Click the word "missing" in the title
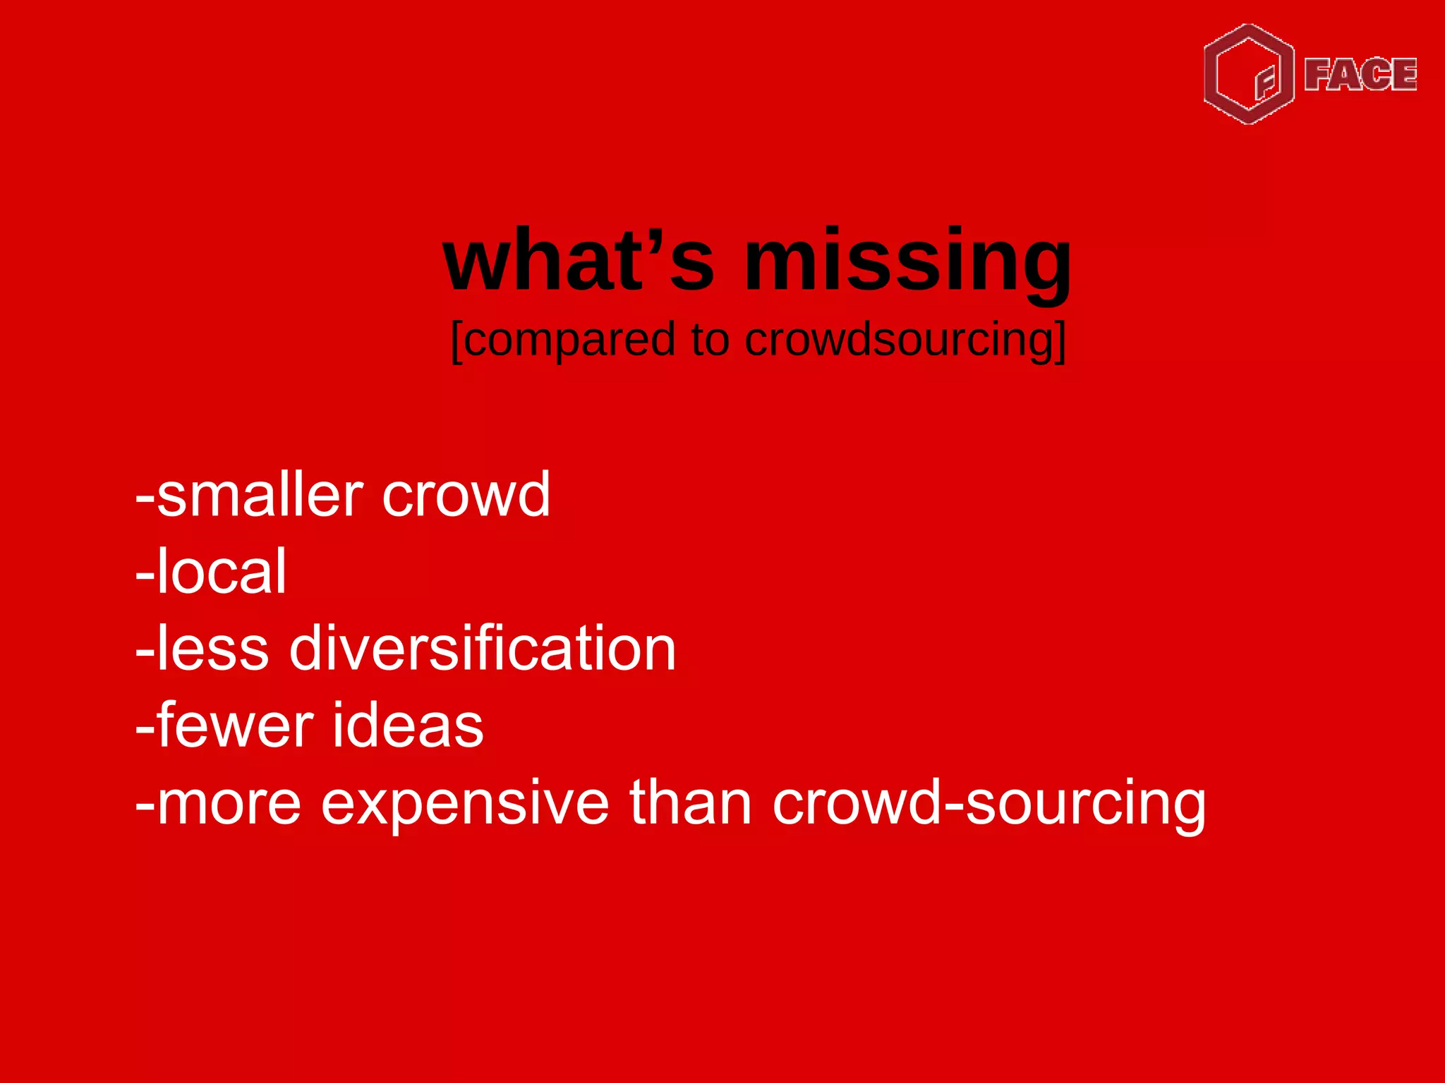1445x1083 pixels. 908,262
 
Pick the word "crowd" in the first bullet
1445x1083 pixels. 466,495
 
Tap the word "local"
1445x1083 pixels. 221,572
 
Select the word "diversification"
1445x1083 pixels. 483,649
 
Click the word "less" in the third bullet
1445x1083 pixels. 212,649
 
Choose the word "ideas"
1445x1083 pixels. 408,726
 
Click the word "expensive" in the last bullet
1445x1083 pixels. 465,804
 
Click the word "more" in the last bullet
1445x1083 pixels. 229,804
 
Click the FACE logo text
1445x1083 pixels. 1360,75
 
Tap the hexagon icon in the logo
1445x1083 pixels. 1249,74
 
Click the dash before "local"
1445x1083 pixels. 145,575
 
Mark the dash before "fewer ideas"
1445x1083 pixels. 145,729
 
